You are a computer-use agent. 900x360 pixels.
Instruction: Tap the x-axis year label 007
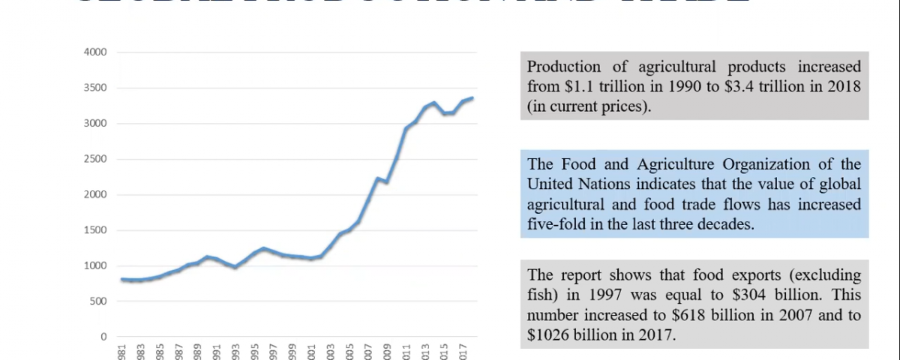pos(367,351)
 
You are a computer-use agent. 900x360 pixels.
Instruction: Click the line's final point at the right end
pos(472,98)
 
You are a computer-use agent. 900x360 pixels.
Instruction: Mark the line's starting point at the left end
pos(121,280)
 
